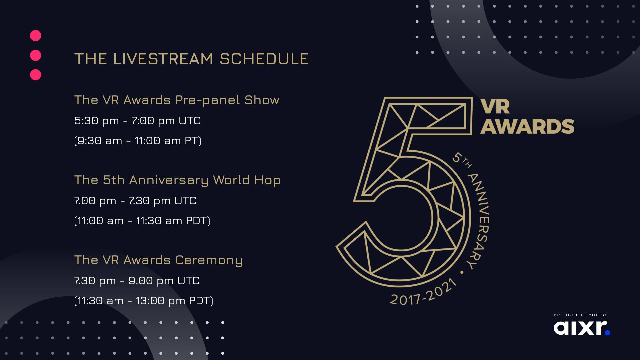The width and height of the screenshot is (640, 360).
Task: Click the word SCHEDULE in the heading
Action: [264, 59]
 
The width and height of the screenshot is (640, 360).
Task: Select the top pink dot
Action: [36, 36]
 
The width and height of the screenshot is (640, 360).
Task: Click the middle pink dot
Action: [36, 55]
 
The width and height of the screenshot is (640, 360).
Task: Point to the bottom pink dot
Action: [36, 75]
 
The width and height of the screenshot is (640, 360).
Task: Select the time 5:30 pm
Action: [97, 121]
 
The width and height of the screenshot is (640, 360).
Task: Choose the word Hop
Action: [267, 180]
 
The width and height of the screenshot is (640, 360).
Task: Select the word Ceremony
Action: [209, 260]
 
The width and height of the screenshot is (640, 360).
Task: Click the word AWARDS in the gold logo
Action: [527, 127]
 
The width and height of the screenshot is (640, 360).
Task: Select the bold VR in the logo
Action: [495, 107]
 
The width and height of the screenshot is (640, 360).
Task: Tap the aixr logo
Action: [582, 328]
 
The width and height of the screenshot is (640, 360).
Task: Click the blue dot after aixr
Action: [607, 332]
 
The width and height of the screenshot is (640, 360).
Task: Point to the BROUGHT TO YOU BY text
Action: [580, 315]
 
